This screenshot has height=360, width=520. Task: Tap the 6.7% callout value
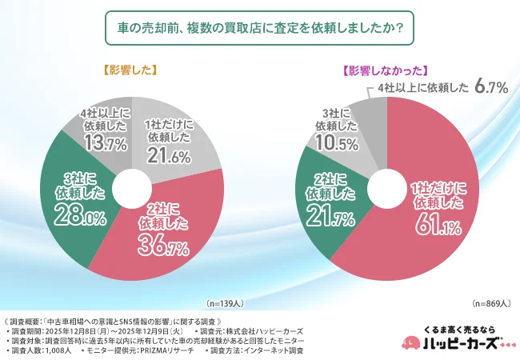(x=491, y=87)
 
